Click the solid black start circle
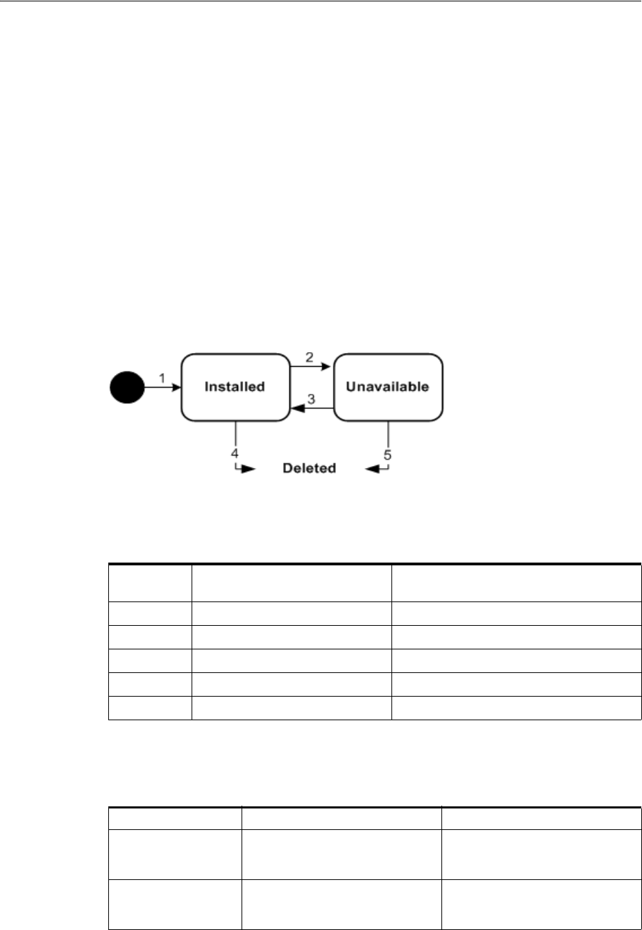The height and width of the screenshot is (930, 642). click(x=126, y=387)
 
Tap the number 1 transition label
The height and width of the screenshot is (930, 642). click(x=162, y=379)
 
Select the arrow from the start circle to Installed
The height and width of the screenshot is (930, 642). click(x=163, y=388)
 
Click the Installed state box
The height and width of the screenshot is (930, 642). click(x=235, y=387)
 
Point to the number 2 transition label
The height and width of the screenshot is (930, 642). click(x=310, y=357)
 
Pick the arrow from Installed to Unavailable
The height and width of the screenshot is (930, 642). click(x=311, y=367)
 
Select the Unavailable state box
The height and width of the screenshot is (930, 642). click(x=387, y=387)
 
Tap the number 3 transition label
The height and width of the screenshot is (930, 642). click(x=312, y=399)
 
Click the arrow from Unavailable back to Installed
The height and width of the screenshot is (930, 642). click(x=311, y=409)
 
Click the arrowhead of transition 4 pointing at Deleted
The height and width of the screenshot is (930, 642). click(x=249, y=469)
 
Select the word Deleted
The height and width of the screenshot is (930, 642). click(x=309, y=468)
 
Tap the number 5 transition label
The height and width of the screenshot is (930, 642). click(x=387, y=455)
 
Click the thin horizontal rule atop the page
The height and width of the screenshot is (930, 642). click(x=321, y=1)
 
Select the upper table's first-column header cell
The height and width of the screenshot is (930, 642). click(x=150, y=582)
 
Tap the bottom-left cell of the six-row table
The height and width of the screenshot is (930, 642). click(x=150, y=708)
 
